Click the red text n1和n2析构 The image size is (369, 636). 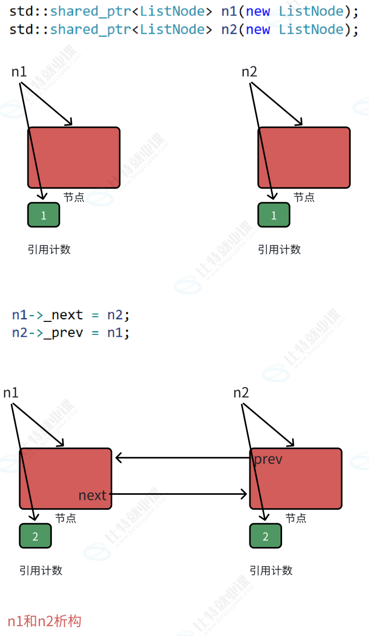(45, 620)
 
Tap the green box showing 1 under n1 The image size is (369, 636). (43, 215)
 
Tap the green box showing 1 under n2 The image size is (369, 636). (274, 215)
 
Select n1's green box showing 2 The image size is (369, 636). (35, 536)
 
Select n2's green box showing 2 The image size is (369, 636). (265, 536)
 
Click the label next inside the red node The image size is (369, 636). (92, 495)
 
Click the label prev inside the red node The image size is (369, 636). (268, 459)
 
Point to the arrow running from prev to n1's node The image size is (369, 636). (181, 457)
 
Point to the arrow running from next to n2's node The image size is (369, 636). (179, 494)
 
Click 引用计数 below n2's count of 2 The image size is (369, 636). (271, 570)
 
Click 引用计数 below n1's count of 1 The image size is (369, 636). (49, 249)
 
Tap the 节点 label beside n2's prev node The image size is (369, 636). (296, 518)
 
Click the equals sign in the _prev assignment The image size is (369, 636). (95, 332)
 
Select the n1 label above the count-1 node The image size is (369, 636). (19, 72)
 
